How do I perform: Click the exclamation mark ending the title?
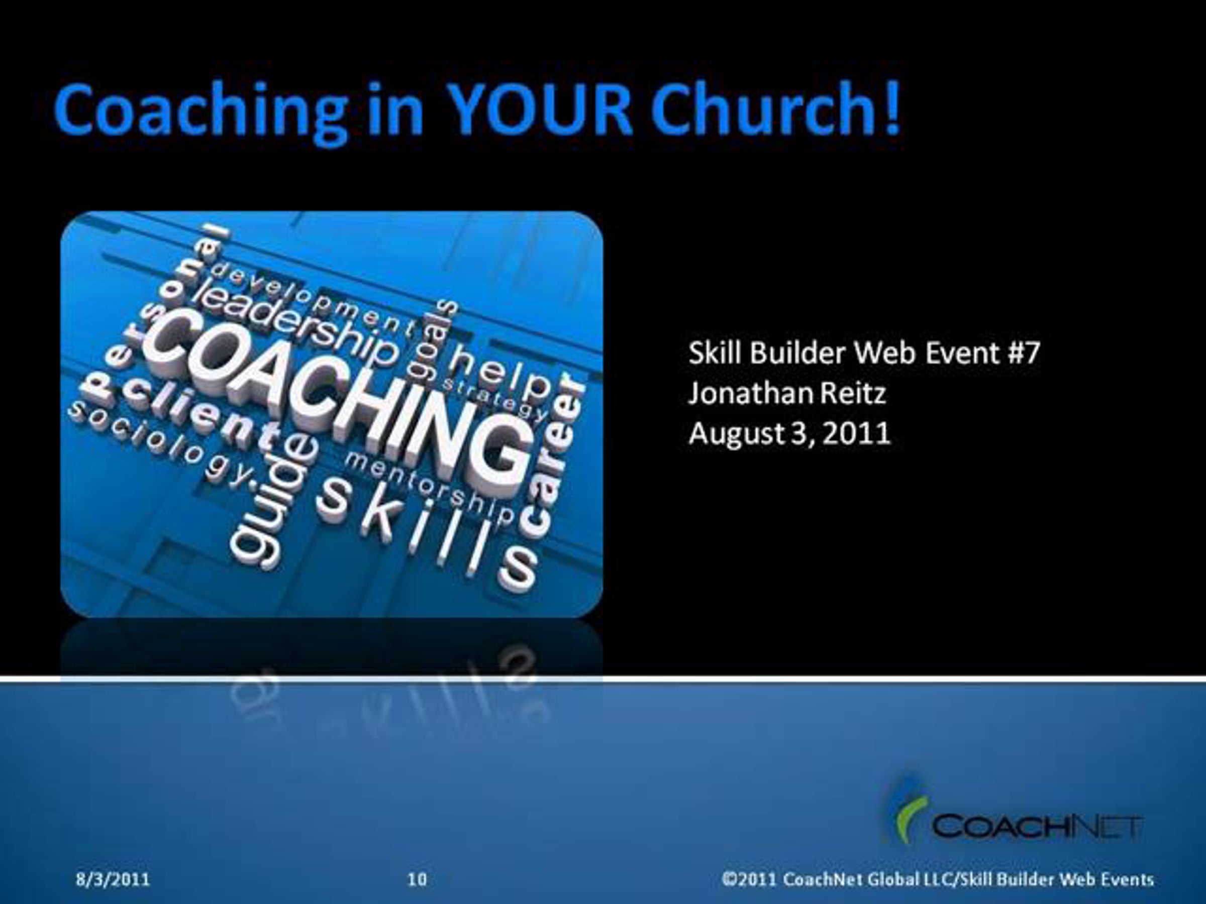click(890, 108)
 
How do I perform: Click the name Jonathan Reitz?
click(787, 394)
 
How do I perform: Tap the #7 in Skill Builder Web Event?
click(1024, 353)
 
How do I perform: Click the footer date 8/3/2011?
click(113, 879)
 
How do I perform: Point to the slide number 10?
click(417, 879)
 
